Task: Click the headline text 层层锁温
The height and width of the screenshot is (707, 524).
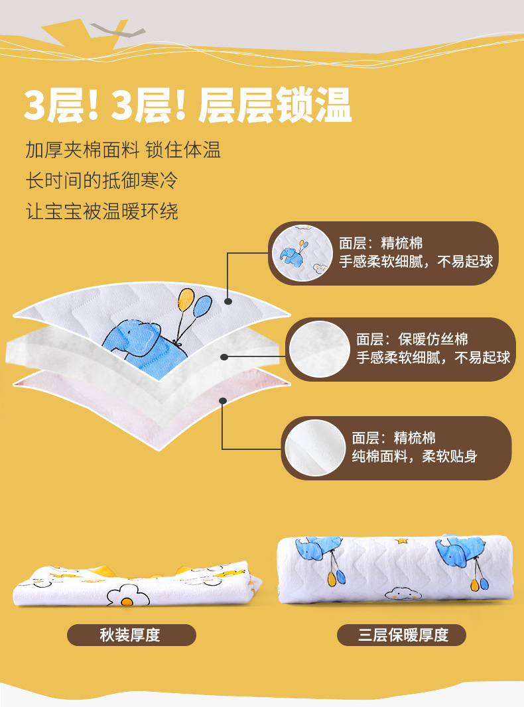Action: (275, 105)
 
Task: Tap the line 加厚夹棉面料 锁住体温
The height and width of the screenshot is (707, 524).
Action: (123, 150)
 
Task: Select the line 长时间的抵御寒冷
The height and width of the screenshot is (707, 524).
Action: (101, 180)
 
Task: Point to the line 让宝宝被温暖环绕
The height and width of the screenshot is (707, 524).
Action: (101, 211)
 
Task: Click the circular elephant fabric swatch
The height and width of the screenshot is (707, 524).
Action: (302, 253)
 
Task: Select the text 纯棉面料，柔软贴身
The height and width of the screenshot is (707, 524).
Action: (415, 457)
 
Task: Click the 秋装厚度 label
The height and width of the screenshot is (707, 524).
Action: (131, 635)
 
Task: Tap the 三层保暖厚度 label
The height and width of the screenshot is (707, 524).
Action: (402, 635)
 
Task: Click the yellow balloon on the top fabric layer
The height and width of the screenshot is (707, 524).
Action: (186, 299)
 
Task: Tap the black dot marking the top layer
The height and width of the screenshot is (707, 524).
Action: (228, 301)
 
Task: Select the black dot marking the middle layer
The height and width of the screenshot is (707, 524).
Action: (224, 357)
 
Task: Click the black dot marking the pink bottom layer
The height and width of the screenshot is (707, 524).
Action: (222, 401)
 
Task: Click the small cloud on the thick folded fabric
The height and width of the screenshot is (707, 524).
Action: (403, 594)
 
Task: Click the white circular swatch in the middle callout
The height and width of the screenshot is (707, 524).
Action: (319, 349)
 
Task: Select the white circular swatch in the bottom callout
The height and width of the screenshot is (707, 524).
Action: (315, 448)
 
